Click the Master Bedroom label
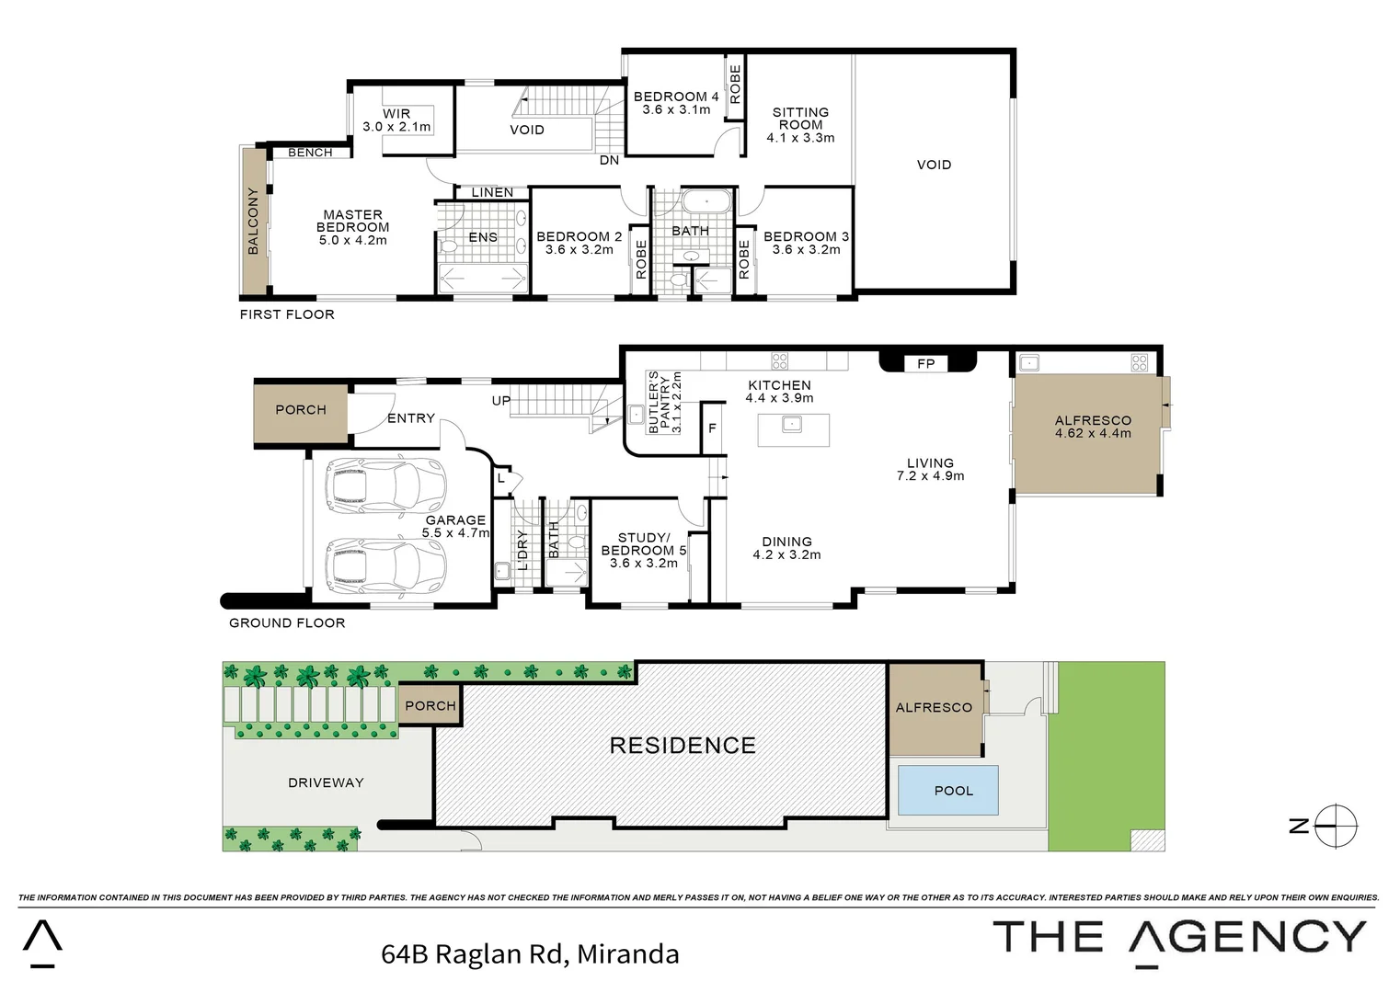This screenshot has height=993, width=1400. (352, 227)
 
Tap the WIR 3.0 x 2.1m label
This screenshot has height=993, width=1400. (396, 120)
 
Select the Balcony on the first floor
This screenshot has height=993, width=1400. (252, 221)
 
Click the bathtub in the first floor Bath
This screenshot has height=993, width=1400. (706, 200)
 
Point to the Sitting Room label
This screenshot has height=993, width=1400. (800, 125)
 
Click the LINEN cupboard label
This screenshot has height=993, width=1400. (492, 192)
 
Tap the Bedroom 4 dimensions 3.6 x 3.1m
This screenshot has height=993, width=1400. (676, 109)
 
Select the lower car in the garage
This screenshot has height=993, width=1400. (385, 565)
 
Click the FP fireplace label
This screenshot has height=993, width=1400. (926, 363)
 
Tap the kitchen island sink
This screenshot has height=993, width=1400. (792, 424)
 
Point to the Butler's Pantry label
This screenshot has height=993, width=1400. (664, 403)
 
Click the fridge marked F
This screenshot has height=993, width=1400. (712, 428)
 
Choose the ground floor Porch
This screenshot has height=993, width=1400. (301, 410)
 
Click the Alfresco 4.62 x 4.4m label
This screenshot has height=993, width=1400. (1093, 427)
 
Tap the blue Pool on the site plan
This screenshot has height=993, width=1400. (948, 791)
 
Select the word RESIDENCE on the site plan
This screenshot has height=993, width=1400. (683, 746)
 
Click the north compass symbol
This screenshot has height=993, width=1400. (1335, 826)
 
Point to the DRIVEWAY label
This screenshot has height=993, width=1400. (326, 782)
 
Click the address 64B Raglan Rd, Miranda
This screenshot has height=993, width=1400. (530, 954)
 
